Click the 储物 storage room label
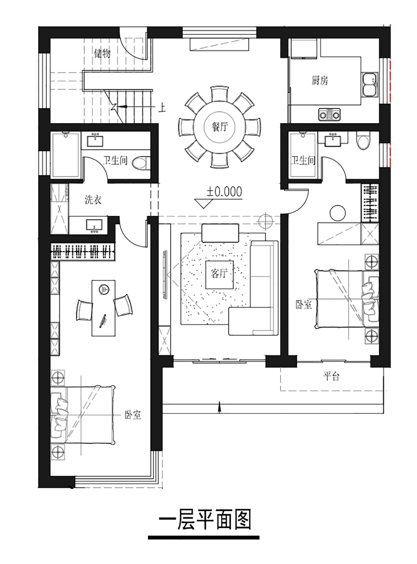[x=102, y=53]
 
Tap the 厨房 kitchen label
[x=320, y=80]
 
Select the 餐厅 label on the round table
[x=220, y=127]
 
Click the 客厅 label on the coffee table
[x=219, y=273]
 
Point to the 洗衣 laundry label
[x=93, y=200]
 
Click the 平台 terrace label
[x=331, y=376]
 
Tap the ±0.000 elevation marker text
[x=224, y=192]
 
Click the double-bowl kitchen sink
[x=370, y=84]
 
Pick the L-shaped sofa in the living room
[x=254, y=288]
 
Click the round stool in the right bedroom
[x=337, y=213]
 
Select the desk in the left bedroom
[x=104, y=308]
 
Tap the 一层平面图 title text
[x=205, y=520]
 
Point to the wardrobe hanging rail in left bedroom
[x=83, y=252]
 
